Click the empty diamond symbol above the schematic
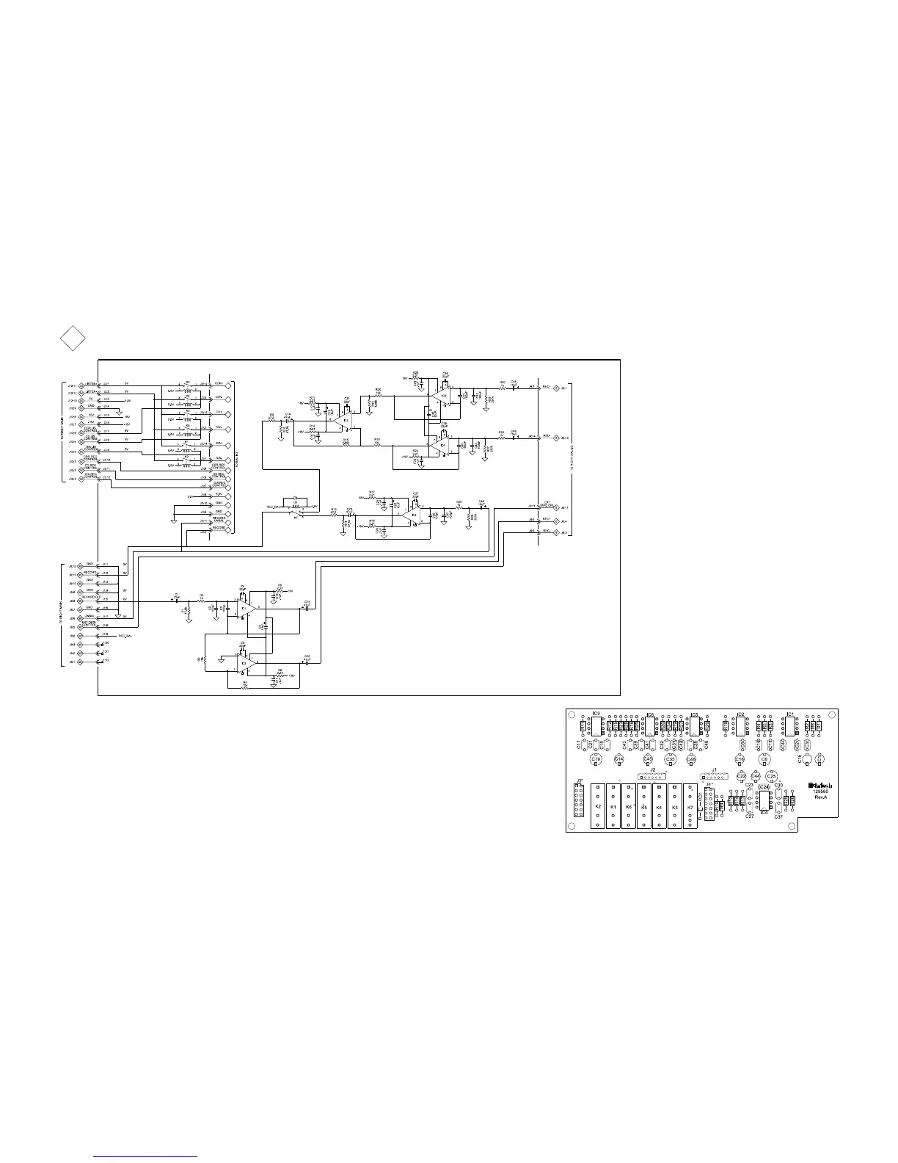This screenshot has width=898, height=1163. (x=72, y=338)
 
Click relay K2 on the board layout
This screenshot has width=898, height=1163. (x=598, y=807)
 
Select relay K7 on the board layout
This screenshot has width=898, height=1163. (x=690, y=807)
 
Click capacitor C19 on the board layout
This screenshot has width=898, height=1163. (x=596, y=759)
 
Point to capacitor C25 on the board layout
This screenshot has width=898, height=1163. (x=771, y=776)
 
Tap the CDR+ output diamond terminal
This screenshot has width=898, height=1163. (x=228, y=384)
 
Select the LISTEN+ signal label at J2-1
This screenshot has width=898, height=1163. (x=91, y=384)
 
